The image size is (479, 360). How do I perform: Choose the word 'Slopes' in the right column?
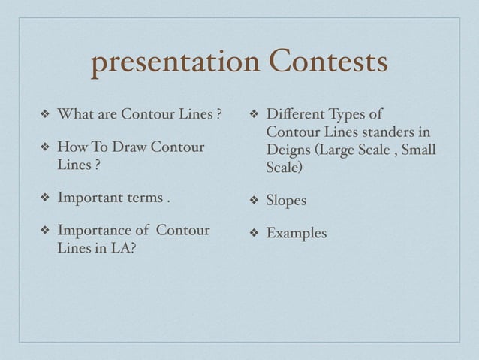(286, 201)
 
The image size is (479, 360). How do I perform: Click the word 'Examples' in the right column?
(297, 234)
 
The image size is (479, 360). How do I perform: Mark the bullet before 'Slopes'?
(253, 201)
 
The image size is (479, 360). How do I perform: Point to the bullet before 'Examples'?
(253, 234)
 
